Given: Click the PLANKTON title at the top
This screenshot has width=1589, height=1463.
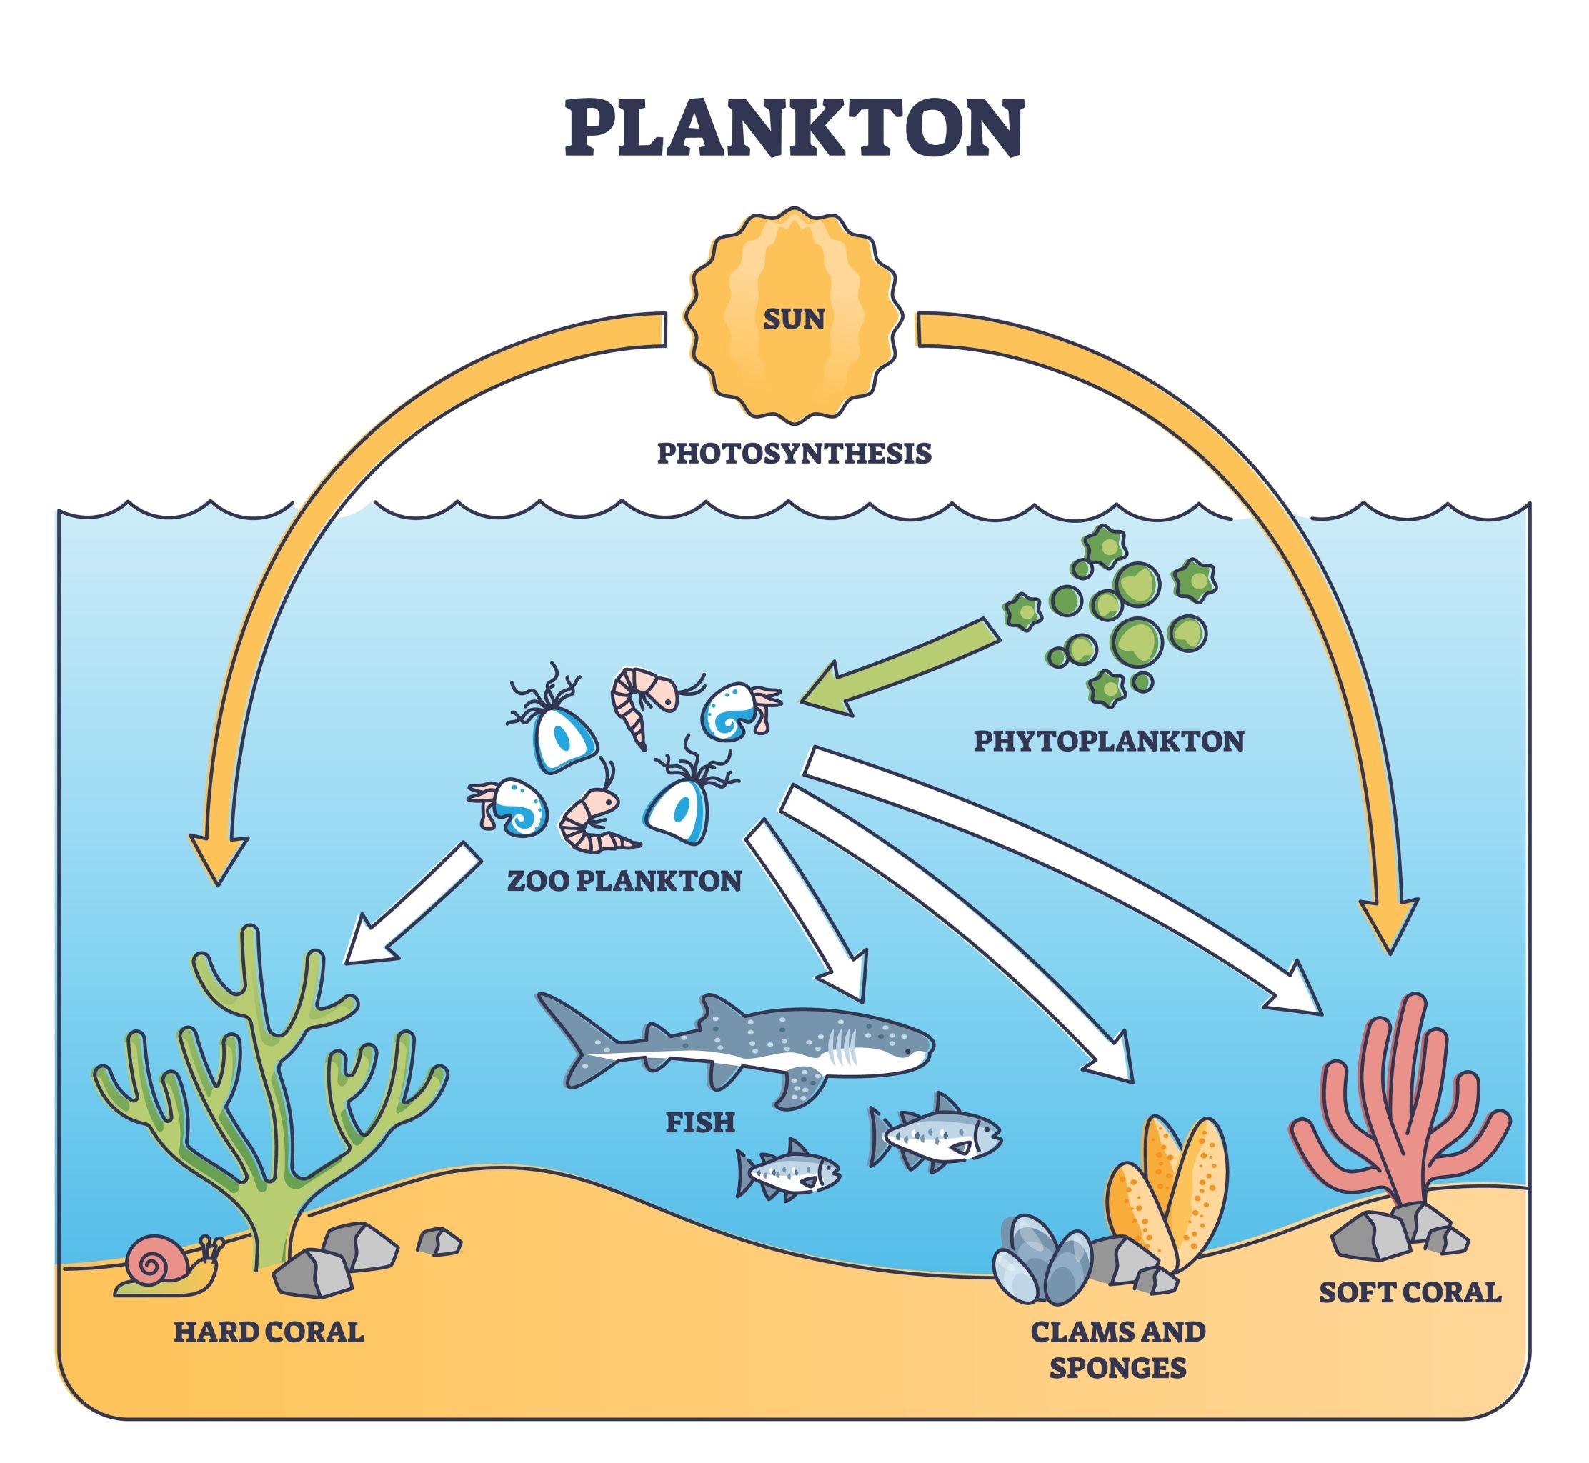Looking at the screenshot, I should [x=794, y=129].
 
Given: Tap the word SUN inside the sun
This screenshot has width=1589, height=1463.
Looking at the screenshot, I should [x=793, y=319].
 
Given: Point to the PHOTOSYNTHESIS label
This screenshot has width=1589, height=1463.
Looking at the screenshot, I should [x=794, y=454].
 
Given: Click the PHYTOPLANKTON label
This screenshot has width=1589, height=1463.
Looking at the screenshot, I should [x=1108, y=741].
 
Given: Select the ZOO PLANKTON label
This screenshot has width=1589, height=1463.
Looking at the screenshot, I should [x=624, y=880].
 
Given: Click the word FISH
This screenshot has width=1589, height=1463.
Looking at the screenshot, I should [x=700, y=1122].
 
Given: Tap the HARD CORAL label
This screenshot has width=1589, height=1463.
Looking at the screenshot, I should [x=269, y=1332].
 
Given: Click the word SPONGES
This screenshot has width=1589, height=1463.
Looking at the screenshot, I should [x=1117, y=1367].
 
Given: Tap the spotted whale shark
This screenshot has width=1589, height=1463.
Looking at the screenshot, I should [x=752, y=1045].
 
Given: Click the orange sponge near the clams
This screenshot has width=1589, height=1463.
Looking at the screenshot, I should [x=1172, y=1187].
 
